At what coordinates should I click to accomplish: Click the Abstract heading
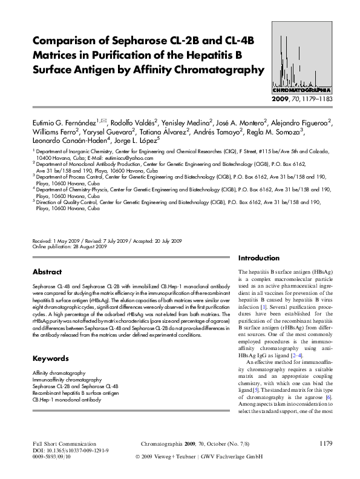click(47, 272)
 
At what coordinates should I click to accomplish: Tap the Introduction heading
click(259, 257)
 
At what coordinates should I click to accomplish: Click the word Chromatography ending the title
click(215, 70)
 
